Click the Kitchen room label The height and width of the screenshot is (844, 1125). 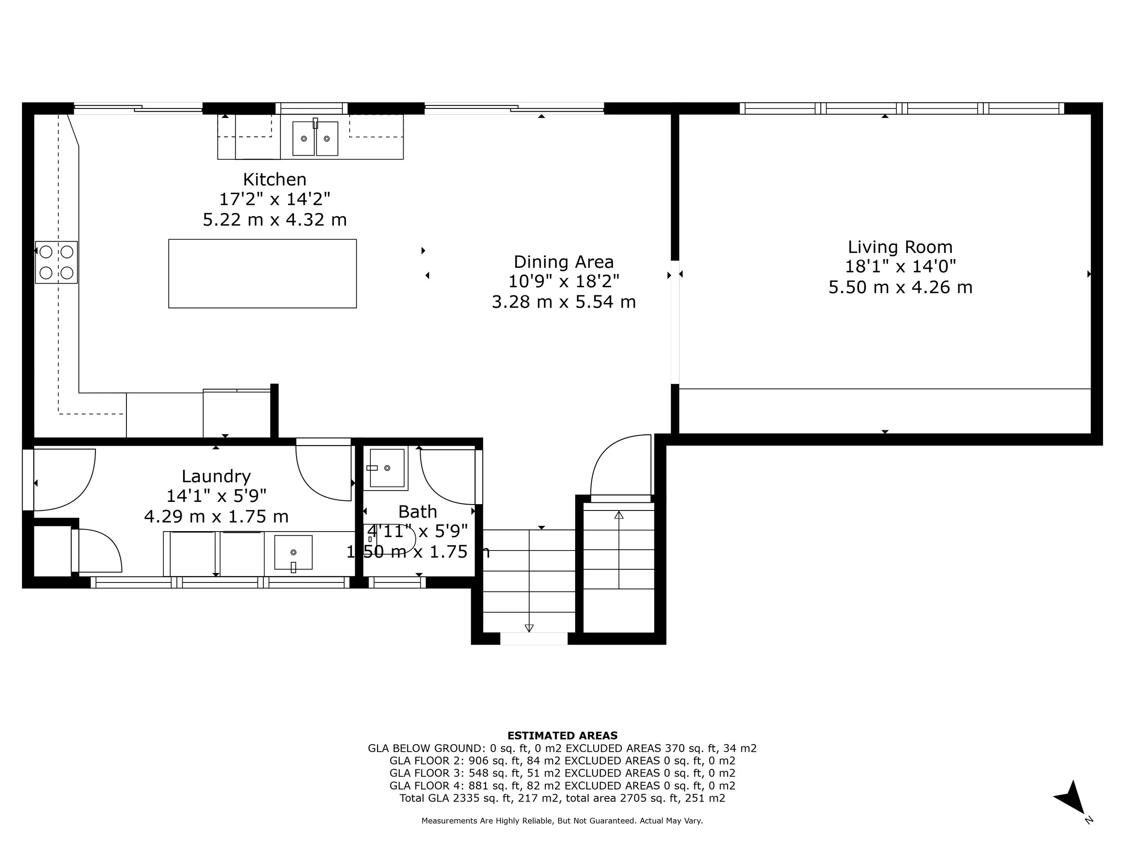click(274, 180)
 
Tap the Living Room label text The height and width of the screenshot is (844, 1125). click(900, 247)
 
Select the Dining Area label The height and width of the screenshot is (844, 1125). click(563, 262)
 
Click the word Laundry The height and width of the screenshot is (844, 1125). click(216, 476)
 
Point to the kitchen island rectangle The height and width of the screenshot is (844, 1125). click(262, 274)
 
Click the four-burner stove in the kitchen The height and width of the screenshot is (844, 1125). click(56, 262)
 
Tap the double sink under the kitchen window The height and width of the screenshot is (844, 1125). click(315, 138)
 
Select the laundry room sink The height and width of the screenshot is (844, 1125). click(293, 552)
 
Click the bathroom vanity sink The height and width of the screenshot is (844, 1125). click(387, 468)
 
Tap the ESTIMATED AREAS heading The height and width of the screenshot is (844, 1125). click(562, 735)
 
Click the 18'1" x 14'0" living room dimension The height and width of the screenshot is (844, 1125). click(900, 266)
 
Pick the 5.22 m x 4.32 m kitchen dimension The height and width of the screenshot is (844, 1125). click(274, 220)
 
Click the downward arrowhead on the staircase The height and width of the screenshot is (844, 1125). click(529, 628)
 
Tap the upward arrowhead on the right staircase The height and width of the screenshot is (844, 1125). click(619, 515)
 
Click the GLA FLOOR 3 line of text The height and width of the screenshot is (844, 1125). click(562, 773)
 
